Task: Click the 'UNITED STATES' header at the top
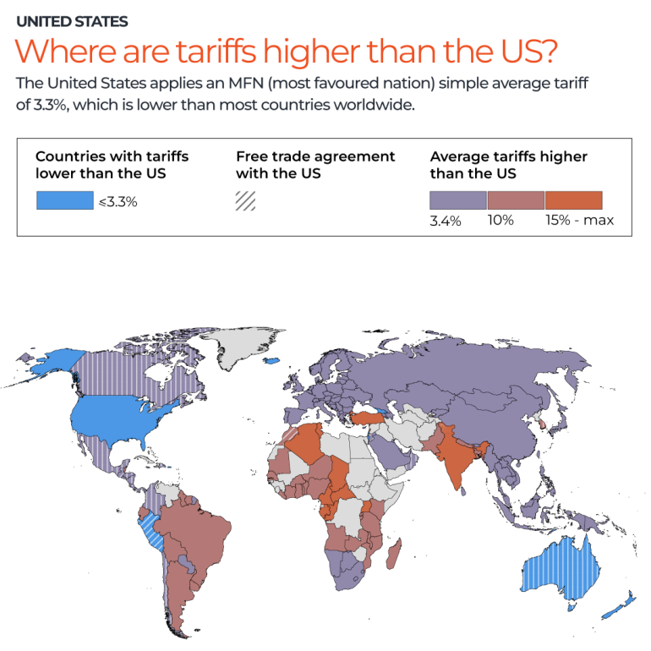(x=72, y=22)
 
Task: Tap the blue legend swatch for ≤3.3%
(x=64, y=200)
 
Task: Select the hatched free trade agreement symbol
(x=246, y=201)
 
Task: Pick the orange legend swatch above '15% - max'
(x=573, y=200)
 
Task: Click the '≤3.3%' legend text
(x=118, y=202)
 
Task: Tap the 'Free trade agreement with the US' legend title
(x=315, y=164)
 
